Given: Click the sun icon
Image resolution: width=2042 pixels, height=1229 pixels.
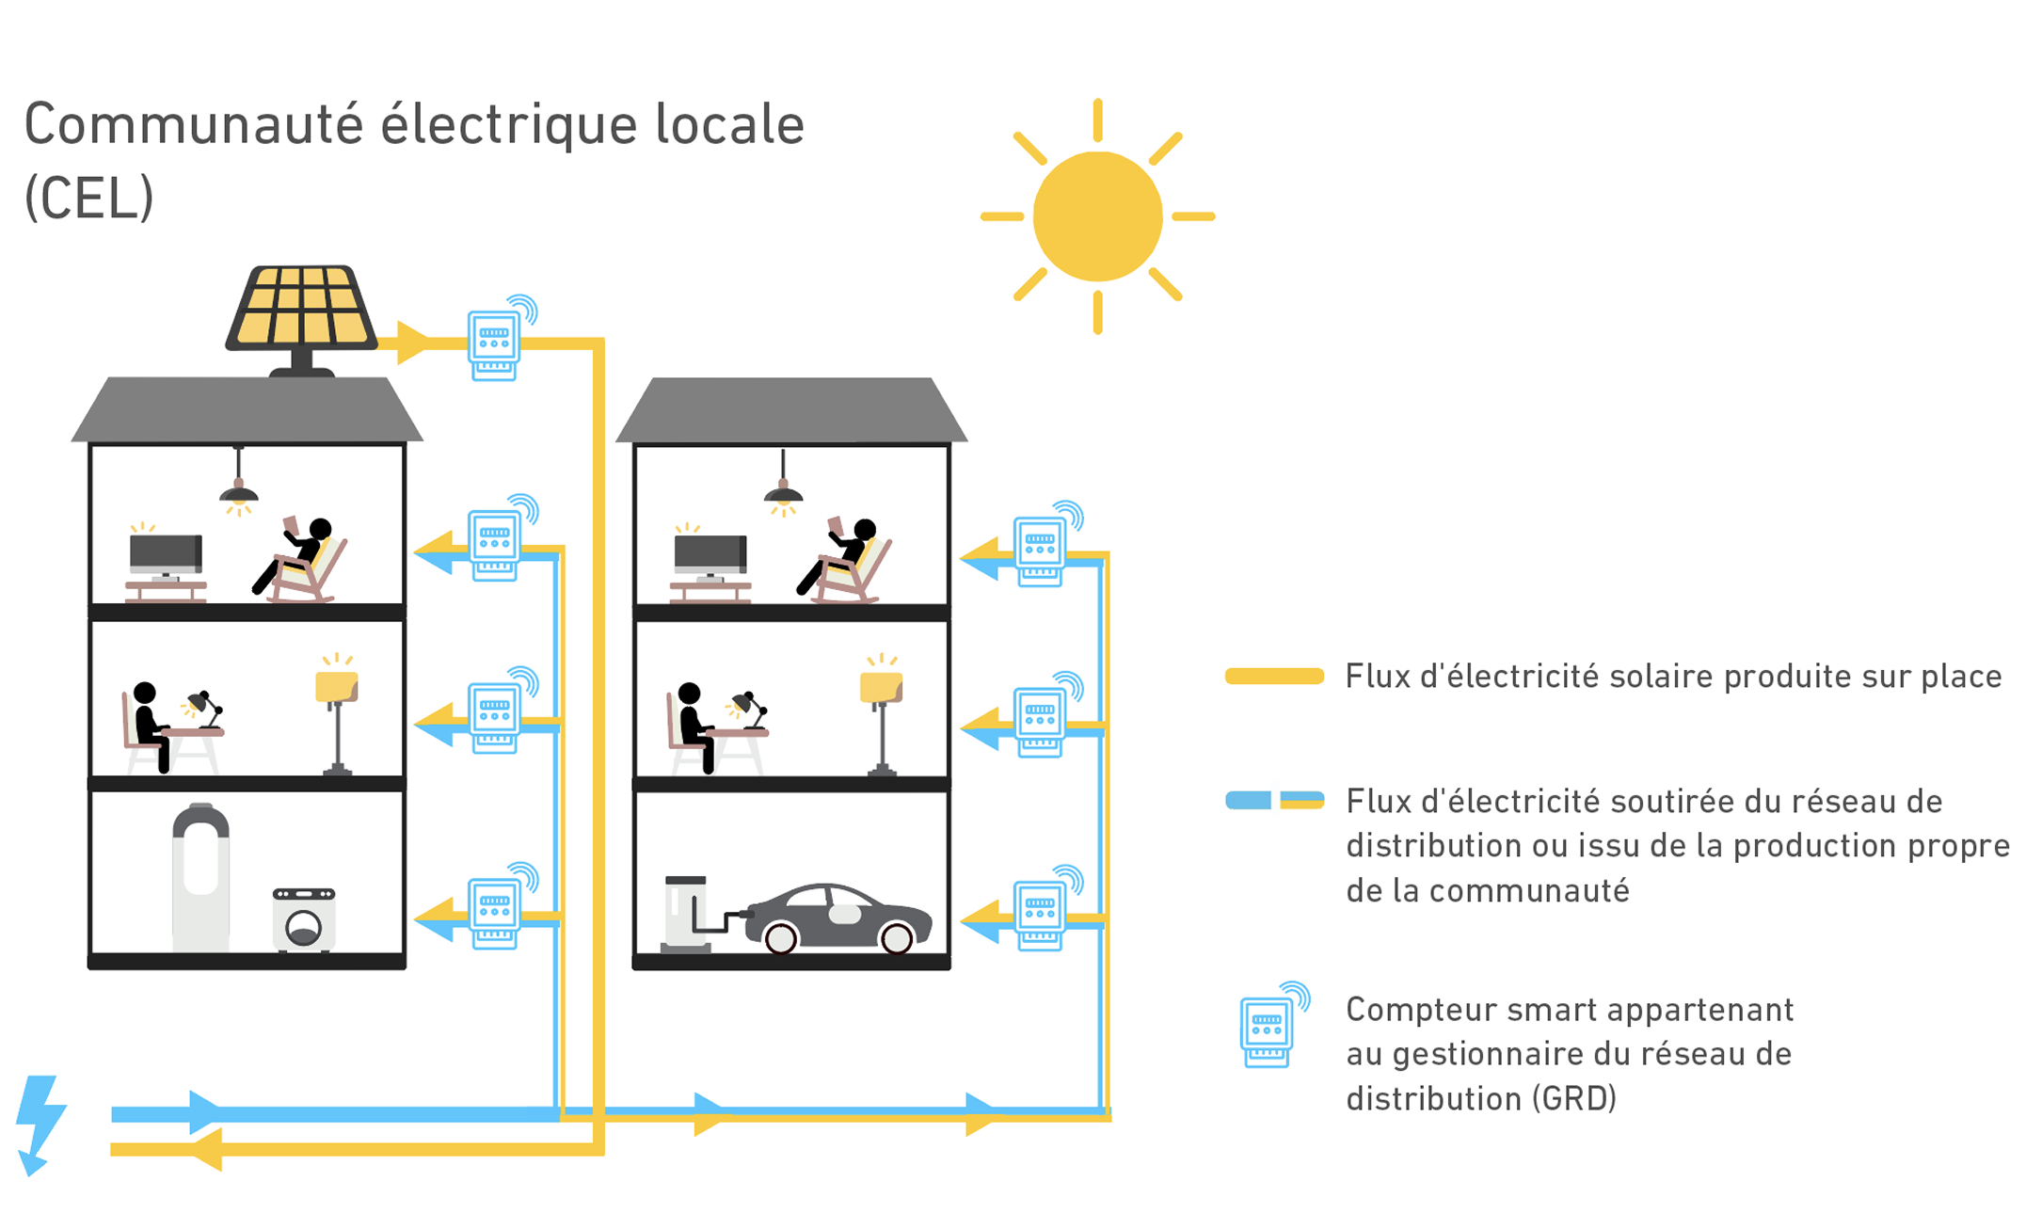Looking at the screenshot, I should [x=1097, y=216].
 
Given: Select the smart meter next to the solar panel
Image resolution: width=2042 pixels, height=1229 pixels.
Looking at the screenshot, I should [x=495, y=344].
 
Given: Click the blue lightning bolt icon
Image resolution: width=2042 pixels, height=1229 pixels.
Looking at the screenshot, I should [x=40, y=1124].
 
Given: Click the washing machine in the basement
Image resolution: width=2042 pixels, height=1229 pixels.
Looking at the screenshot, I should [x=304, y=919].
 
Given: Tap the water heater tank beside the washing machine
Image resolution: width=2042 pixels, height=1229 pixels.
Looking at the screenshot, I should [x=200, y=877].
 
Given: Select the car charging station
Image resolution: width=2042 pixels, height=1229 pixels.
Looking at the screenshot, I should [x=686, y=913].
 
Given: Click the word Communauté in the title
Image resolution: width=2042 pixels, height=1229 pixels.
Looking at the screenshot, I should [x=193, y=125].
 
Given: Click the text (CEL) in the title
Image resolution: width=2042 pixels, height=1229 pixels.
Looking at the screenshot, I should [x=88, y=199].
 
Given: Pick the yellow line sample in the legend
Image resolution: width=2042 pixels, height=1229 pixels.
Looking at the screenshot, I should [x=1274, y=677].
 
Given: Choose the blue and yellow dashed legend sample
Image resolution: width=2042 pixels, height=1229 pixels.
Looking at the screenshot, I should [x=1274, y=801].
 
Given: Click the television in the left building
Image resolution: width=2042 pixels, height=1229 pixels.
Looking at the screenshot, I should [x=166, y=555].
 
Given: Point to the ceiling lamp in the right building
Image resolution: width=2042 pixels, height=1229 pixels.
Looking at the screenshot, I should [x=783, y=492].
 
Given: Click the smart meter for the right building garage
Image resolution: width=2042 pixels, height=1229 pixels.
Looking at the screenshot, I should [x=1040, y=909].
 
